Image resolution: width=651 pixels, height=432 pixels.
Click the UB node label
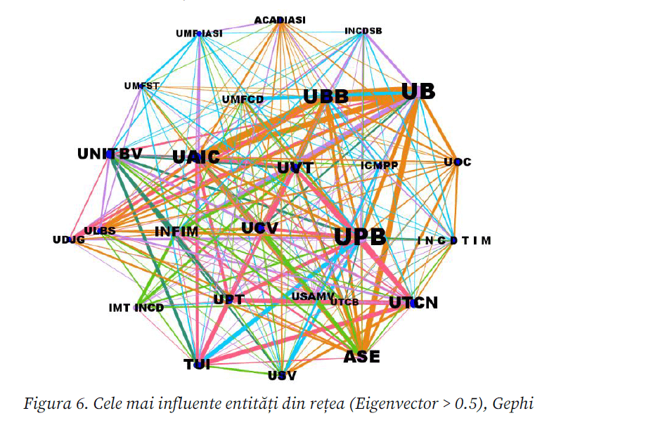coord(418,92)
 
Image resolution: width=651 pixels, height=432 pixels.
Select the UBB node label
coord(325,97)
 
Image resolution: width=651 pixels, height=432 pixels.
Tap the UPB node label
coord(360,237)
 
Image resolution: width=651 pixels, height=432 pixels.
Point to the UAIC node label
coord(196,157)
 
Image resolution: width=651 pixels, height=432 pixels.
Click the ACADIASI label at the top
coord(280,20)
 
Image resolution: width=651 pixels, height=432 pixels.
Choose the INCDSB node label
coord(363,31)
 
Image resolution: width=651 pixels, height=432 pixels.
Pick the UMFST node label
coord(142,86)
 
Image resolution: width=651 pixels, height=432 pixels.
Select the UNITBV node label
coord(110,154)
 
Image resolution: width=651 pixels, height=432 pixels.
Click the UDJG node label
coord(69,240)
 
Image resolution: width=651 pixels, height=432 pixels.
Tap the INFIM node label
coord(176,231)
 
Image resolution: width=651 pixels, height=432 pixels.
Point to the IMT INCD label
coord(136,308)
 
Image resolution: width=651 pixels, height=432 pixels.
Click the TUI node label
coord(197,364)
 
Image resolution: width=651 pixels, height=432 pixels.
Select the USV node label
coord(282,375)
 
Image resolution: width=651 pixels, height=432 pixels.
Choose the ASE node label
coord(361,357)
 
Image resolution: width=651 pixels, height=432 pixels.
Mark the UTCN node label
coord(413,303)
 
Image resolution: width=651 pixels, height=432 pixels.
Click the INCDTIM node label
coord(454,241)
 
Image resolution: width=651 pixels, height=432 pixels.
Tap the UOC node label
coord(457,162)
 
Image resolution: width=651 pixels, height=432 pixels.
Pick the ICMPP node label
coord(380,166)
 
